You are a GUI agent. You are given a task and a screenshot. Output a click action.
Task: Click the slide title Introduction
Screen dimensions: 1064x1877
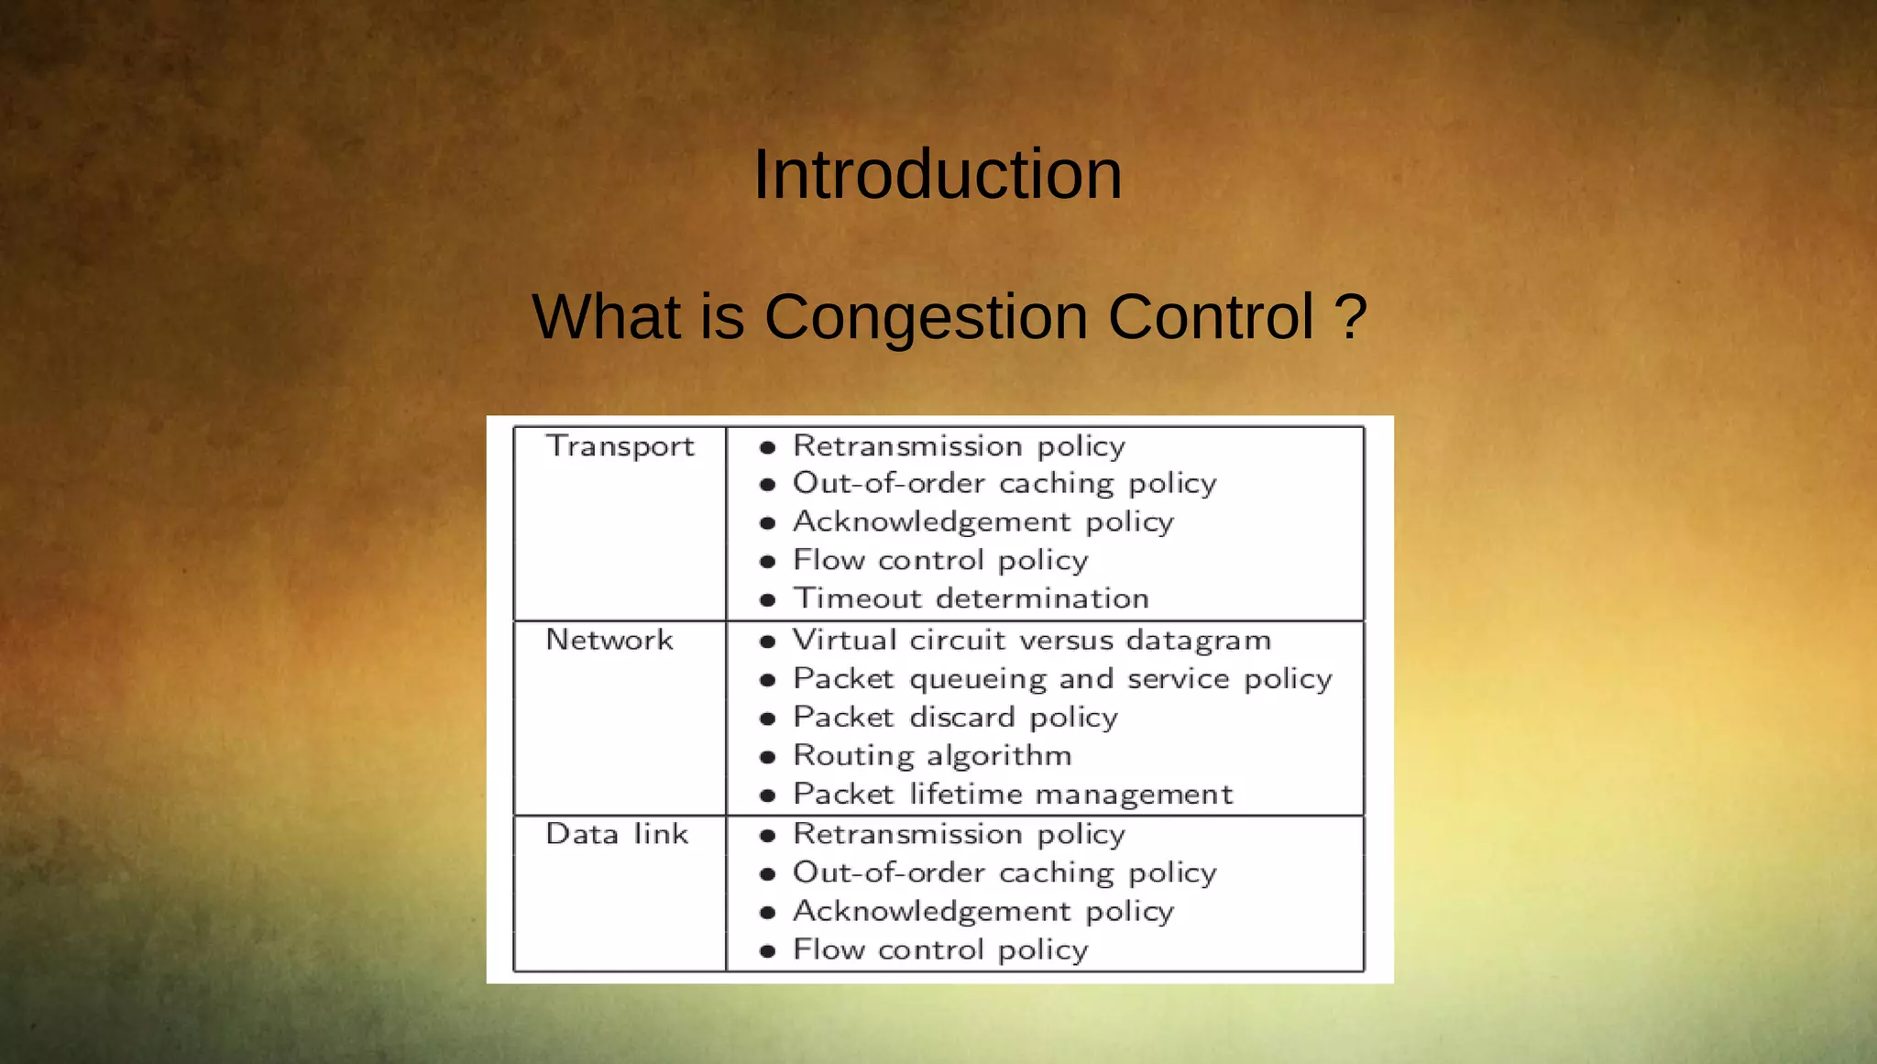[x=938, y=174]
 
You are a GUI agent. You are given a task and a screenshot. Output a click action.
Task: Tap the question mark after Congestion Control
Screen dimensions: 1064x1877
[x=1350, y=317]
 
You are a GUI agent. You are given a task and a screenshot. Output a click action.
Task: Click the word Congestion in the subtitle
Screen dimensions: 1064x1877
[x=926, y=318]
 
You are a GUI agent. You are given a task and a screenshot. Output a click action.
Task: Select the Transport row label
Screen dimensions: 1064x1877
[x=620, y=446]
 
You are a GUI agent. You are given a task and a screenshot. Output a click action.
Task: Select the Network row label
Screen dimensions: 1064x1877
[x=609, y=640]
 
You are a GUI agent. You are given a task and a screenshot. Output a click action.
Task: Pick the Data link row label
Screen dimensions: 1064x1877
[x=616, y=834]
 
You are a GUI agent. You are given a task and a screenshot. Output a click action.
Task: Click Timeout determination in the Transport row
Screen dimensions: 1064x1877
[x=971, y=598]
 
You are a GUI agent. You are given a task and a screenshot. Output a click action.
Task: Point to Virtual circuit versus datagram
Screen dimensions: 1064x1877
[x=1031, y=640]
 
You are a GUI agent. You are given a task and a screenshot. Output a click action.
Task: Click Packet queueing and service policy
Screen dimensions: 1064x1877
[x=1061, y=679]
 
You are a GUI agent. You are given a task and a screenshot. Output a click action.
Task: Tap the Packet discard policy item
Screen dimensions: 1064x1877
[x=955, y=718]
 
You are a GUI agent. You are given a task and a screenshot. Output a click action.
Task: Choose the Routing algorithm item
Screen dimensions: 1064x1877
[x=931, y=756]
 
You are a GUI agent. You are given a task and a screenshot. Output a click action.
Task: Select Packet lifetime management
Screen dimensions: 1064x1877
[x=1012, y=795]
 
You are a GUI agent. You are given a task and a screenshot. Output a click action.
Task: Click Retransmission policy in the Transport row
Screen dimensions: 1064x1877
[x=959, y=446]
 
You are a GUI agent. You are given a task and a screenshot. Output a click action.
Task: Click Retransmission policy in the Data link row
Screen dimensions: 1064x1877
[x=959, y=834]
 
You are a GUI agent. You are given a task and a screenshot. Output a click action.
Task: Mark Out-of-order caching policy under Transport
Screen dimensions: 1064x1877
[x=1004, y=484]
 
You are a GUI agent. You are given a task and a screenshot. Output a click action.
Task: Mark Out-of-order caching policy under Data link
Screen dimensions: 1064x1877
[x=1004, y=873]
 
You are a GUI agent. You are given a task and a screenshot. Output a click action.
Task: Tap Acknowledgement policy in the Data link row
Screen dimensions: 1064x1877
[x=982, y=912]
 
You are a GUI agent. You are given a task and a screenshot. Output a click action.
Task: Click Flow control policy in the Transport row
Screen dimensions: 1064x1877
[x=940, y=560]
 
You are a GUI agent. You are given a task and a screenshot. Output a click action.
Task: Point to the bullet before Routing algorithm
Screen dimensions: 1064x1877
[x=768, y=757]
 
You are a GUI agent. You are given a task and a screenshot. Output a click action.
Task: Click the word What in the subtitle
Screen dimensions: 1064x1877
[x=606, y=318]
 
